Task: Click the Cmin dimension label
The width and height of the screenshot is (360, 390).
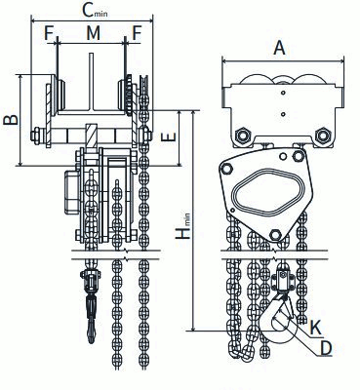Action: [x=95, y=11]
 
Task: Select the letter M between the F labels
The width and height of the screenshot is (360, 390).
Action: [x=94, y=33]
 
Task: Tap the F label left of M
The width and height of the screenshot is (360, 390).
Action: [x=50, y=33]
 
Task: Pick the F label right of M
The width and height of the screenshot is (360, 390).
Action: [x=137, y=33]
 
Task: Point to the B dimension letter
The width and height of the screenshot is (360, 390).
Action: [x=11, y=120]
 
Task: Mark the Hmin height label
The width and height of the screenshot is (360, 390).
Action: [x=182, y=226]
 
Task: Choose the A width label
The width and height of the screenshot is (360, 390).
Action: [x=279, y=48]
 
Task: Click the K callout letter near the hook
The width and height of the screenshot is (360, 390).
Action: [x=314, y=329]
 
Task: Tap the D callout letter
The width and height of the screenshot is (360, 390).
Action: [x=326, y=348]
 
